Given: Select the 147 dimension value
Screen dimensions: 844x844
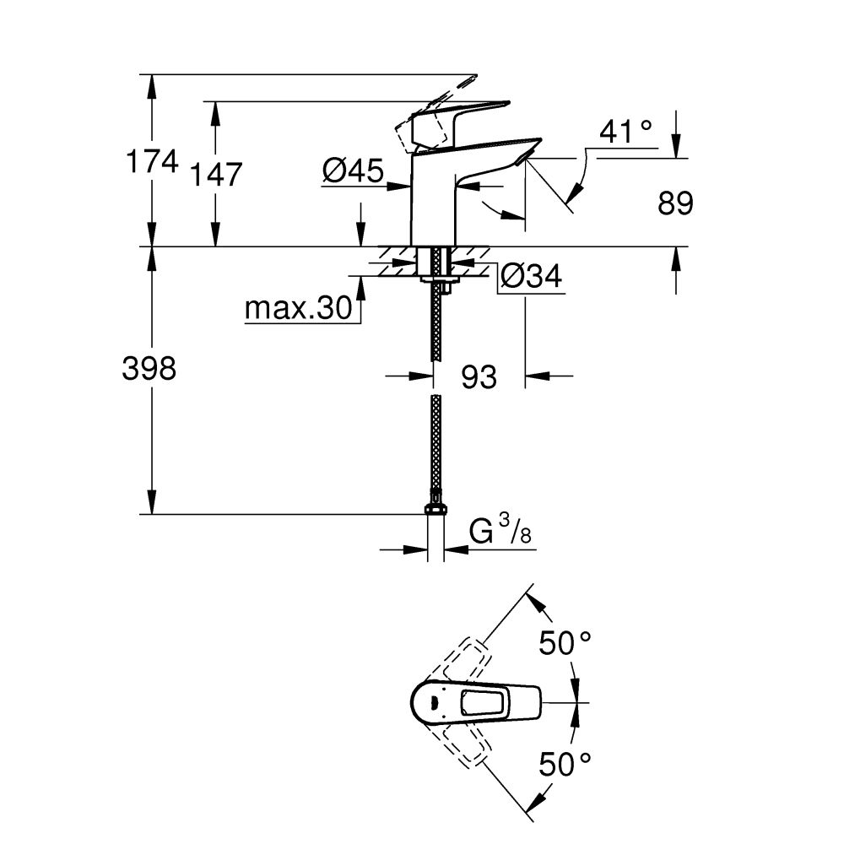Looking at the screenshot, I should coord(215,176).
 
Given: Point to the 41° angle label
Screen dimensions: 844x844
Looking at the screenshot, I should coord(625,132).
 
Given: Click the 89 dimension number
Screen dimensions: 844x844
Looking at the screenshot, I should coord(675,203).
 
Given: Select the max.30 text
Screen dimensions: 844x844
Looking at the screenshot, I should coord(297,310).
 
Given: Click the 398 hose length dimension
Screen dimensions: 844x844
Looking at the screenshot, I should coord(149,369).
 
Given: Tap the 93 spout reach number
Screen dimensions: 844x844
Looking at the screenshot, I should coord(479,377).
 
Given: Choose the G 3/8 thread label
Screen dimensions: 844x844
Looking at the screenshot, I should coord(503,533).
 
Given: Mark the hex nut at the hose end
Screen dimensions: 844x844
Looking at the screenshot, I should coord(436,508).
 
